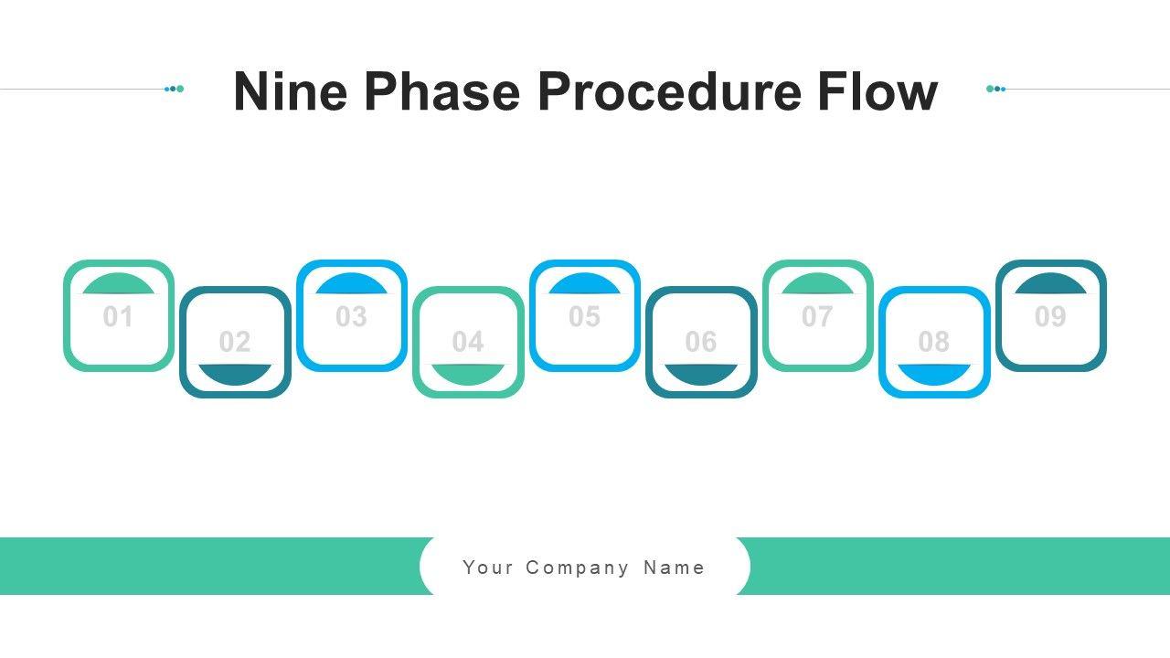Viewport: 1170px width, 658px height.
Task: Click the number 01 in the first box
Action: click(118, 317)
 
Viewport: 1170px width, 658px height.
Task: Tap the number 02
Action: click(235, 342)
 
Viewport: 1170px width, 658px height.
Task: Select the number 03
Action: click(351, 317)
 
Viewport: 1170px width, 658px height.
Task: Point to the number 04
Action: click(468, 342)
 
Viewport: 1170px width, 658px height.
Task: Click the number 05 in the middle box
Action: click(584, 317)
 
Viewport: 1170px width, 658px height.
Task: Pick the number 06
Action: click(701, 342)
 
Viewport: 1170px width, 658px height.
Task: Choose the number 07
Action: click(817, 317)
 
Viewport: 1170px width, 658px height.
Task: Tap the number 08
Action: click(934, 342)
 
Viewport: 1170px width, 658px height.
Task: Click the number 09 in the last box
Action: click(1050, 317)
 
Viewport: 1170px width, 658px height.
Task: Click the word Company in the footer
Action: click(578, 568)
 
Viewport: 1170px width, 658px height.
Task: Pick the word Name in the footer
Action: click(675, 568)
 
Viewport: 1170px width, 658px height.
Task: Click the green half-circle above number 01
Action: click(118, 285)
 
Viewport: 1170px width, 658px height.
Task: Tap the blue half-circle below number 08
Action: click(934, 373)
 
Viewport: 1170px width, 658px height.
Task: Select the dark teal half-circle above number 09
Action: click(1050, 285)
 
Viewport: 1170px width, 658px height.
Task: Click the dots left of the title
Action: click(175, 89)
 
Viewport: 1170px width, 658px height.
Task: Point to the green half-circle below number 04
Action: click(468, 373)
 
